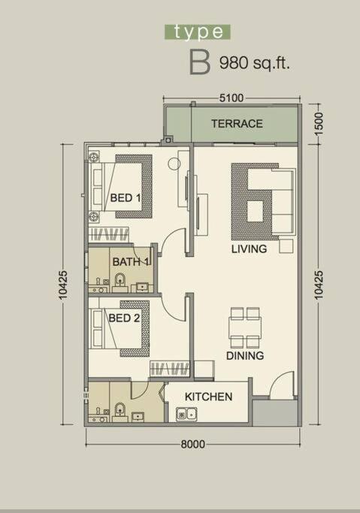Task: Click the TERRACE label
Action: [237, 124]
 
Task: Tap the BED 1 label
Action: [126, 198]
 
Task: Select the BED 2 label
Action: [124, 318]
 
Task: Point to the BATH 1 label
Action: [131, 261]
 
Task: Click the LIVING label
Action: [249, 249]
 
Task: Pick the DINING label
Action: [245, 355]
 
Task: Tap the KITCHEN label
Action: [208, 397]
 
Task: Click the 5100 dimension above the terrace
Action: [231, 98]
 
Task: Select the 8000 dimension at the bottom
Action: [193, 445]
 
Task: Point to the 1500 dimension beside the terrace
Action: [318, 123]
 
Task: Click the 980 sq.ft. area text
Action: [255, 62]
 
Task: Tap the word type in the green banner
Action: [198, 32]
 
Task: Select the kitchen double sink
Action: [186, 415]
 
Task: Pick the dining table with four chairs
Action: [246, 327]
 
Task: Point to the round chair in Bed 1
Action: [174, 164]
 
